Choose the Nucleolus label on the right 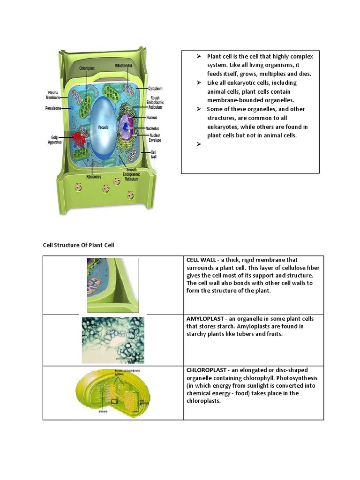tap(152, 128)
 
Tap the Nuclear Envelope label tap(155, 137)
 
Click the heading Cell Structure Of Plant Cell tap(78, 245)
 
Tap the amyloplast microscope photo tap(113, 340)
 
